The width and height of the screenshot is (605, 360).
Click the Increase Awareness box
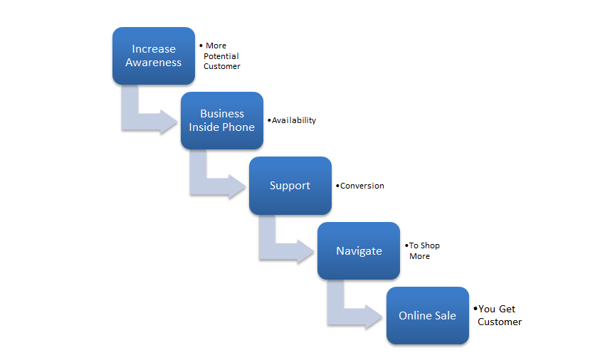pos(153,55)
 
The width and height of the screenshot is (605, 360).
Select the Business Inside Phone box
pos(221,120)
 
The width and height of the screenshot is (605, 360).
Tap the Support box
pos(290,186)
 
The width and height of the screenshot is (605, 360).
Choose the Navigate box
pos(359,250)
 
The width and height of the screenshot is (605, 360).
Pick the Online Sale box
pos(427,316)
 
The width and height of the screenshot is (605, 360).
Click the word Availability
pos(294,120)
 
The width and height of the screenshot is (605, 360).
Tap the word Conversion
pos(362,186)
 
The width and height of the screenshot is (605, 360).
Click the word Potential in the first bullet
pos(221,56)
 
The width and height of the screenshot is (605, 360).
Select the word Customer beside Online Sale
pos(500,322)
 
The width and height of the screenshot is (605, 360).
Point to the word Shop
pos(431,245)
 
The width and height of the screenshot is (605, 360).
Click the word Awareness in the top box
pos(154,63)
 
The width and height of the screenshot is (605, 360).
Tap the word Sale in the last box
pos(445,316)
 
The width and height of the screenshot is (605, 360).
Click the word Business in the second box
pos(222,114)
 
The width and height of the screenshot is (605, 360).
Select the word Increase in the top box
pos(154,49)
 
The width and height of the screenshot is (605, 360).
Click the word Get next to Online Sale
pos(507,309)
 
